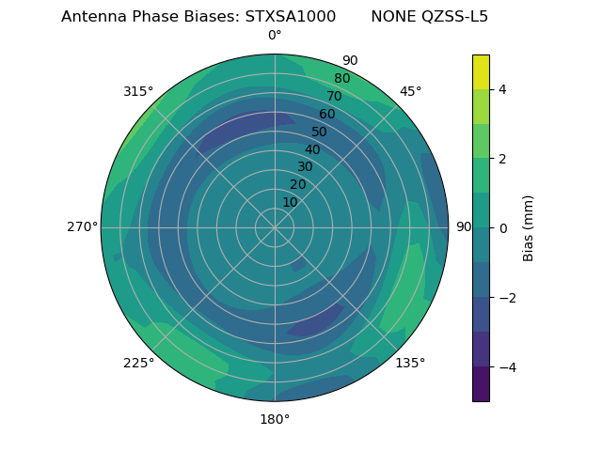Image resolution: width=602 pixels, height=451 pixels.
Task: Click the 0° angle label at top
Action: tap(275, 36)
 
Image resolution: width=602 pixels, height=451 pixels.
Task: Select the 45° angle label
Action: tap(410, 91)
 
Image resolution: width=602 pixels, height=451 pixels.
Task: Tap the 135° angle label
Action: tap(410, 363)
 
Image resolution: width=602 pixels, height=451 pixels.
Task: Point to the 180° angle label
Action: tap(275, 419)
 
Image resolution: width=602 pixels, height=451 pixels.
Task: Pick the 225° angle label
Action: tap(138, 363)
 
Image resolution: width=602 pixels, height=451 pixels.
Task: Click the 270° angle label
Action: tap(82, 226)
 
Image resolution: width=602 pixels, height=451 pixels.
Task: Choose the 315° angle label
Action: tap(138, 91)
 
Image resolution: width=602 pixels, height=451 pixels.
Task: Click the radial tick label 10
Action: tap(290, 202)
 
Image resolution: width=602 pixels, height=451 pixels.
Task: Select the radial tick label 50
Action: tap(320, 132)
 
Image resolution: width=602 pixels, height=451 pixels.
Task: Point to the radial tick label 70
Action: tap(335, 96)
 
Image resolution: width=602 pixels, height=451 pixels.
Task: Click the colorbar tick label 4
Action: tap(502, 89)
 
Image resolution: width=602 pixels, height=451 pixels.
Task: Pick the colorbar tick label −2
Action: tap(506, 298)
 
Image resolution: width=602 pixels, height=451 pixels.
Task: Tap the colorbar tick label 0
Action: tap(502, 228)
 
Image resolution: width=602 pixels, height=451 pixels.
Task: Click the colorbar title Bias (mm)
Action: tap(529, 228)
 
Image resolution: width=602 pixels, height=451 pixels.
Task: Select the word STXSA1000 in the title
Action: tap(290, 17)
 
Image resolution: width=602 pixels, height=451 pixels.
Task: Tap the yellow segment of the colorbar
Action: tap(481, 71)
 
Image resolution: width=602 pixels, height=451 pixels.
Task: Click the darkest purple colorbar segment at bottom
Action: tap(481, 384)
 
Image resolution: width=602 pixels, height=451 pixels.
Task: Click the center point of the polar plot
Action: tap(275, 227)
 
